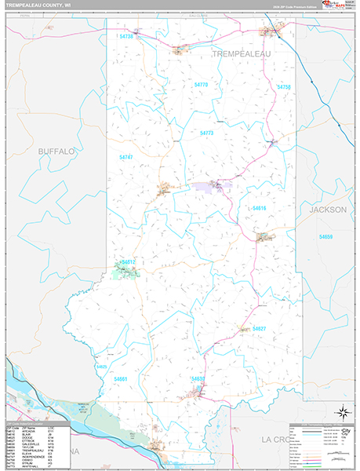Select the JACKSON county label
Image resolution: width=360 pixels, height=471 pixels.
tap(327, 210)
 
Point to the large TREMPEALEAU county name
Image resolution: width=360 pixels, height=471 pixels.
tap(243, 53)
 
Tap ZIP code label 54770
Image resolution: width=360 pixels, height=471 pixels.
tap(201, 84)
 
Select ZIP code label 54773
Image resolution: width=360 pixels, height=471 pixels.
tap(206, 133)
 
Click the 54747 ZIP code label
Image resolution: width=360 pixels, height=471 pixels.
tap(126, 158)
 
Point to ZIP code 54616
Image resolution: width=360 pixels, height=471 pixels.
tap(260, 207)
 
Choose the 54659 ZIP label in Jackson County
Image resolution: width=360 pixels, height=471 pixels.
tap(325, 236)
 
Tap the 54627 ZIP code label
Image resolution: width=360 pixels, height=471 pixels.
tap(259, 328)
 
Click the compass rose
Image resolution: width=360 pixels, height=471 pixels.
tap(342, 412)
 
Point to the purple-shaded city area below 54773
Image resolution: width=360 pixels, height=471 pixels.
tap(217, 186)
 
